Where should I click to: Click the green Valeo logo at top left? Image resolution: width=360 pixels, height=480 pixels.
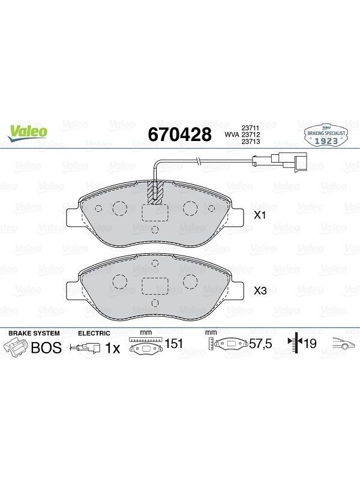coord(28,134)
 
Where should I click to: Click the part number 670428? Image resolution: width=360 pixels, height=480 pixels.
coord(179,134)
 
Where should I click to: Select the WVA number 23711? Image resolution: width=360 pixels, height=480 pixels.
coord(251,128)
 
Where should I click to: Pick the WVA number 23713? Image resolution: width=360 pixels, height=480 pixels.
coord(251,142)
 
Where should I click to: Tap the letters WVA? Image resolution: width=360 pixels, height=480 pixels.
coord(232,134)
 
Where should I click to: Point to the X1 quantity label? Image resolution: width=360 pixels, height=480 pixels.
coord(260,215)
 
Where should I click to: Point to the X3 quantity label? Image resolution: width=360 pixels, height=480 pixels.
coord(260,291)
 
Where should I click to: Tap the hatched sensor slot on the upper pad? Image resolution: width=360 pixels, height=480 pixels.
coord(155,192)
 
